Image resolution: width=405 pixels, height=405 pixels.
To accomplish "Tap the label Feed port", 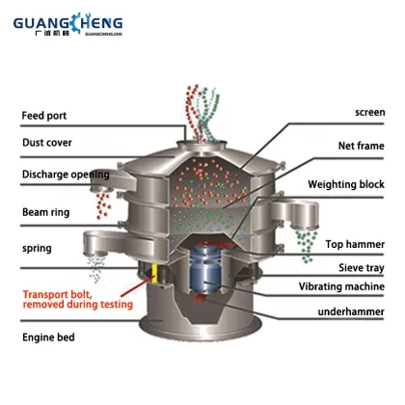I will point(44,117).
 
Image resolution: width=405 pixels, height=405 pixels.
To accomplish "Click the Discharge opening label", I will point(63,175).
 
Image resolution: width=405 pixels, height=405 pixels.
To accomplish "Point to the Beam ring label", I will point(44,212).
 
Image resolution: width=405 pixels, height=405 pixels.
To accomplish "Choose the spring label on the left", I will point(38,248).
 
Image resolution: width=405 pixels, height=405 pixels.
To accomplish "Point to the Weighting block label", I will point(346,183).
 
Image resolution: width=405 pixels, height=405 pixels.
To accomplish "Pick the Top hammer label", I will point(355,246).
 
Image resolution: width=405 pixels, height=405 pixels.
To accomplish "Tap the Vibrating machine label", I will point(341,289).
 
